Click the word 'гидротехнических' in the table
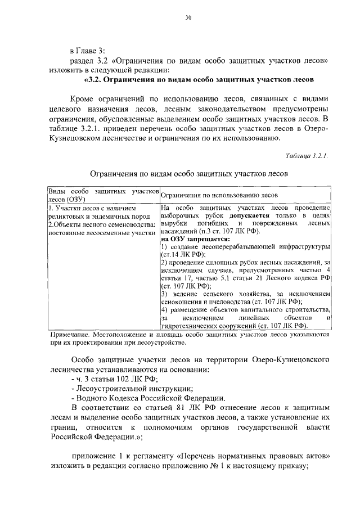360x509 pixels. tap(189, 325)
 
